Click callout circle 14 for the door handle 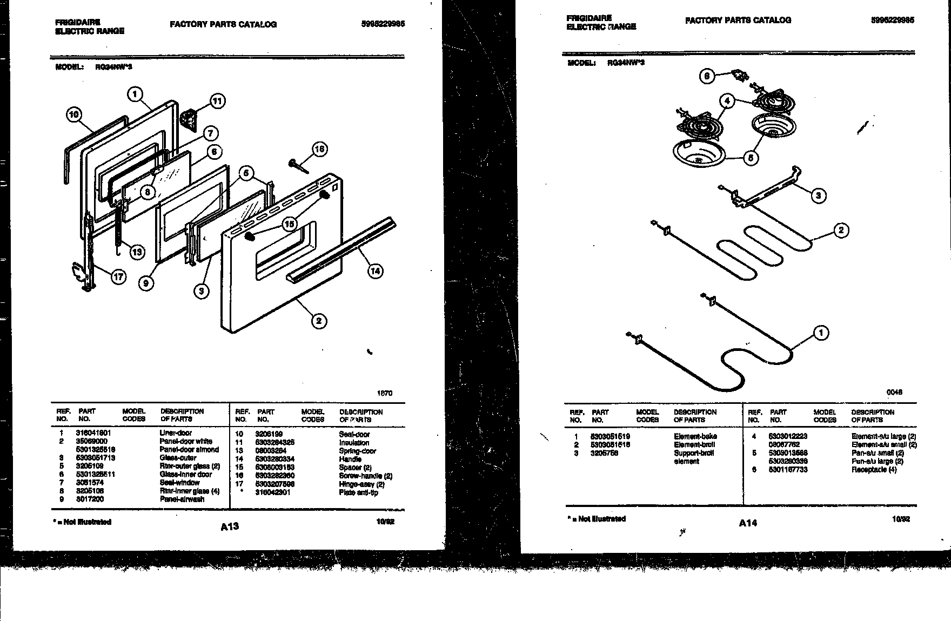[x=375, y=271]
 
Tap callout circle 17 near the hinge [x=118, y=277]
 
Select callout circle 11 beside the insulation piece [x=217, y=101]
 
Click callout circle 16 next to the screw [x=320, y=149]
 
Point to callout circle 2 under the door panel [x=319, y=321]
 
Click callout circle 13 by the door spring [x=137, y=252]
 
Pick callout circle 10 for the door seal [x=74, y=114]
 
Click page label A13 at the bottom [x=230, y=526]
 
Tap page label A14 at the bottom [x=748, y=523]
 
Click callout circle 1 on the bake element [x=821, y=333]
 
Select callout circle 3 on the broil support [x=819, y=195]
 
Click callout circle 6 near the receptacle [x=707, y=76]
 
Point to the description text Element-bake [x=695, y=436]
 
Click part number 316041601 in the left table [x=93, y=433]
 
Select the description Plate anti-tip [x=358, y=492]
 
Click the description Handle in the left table [x=350, y=459]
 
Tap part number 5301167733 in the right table [x=788, y=470]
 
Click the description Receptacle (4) [x=874, y=470]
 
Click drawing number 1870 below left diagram [x=385, y=393]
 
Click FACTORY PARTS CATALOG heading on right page [x=738, y=21]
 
